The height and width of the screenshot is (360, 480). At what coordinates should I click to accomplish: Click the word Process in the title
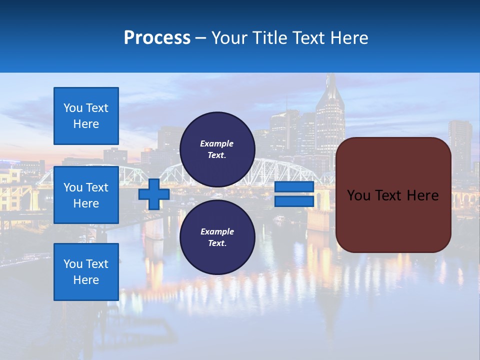click(157, 38)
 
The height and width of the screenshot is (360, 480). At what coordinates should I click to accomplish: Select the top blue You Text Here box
click(86, 116)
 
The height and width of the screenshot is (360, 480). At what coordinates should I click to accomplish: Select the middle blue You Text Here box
click(86, 195)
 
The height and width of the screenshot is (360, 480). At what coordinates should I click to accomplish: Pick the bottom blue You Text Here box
click(86, 272)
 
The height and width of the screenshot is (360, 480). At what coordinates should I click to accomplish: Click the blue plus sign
click(154, 194)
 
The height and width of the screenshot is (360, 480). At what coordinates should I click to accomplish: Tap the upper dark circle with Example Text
click(217, 149)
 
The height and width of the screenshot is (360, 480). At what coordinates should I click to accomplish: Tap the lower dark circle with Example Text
click(217, 237)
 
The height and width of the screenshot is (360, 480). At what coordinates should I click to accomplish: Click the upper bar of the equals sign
click(294, 187)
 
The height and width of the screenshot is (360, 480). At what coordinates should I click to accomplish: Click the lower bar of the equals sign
click(294, 201)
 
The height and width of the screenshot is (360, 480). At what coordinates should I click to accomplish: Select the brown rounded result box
click(393, 220)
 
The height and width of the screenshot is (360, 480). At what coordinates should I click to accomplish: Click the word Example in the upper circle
click(217, 143)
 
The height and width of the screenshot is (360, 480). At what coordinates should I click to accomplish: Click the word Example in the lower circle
click(217, 231)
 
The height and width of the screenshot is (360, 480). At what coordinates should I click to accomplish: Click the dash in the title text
click(200, 38)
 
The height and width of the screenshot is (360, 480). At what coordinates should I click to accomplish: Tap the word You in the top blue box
click(72, 108)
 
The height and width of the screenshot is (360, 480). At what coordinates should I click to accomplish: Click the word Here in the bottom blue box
click(86, 280)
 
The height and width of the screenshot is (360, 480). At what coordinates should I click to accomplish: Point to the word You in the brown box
click(358, 195)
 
